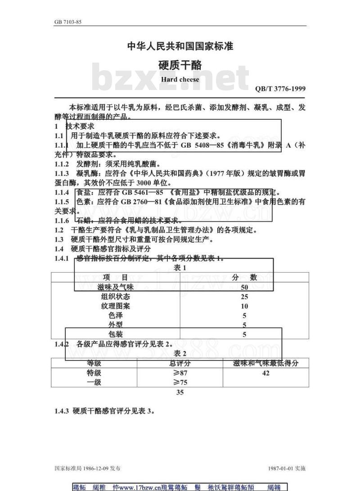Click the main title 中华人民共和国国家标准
[x=180, y=46]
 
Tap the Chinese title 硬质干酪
[x=180, y=65]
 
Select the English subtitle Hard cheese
[x=180, y=80]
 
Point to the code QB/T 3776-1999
[x=280, y=89]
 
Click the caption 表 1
[x=180, y=268]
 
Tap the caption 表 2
[x=180, y=353]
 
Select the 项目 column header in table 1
[x=115, y=277]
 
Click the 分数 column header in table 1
[x=244, y=277]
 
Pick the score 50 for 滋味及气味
[x=244, y=287]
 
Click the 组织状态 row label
[x=115, y=297]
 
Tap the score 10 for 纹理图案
[x=244, y=306]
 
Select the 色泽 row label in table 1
[x=115, y=315]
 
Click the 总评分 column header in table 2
[x=180, y=363]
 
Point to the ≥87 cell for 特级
[x=180, y=373]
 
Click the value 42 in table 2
[x=265, y=373]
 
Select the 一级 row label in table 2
[x=94, y=383]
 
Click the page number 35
[x=180, y=392]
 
